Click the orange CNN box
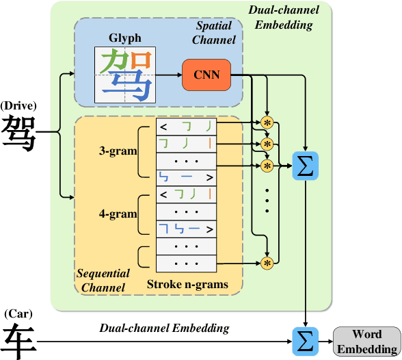(206, 74)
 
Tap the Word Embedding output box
(366, 339)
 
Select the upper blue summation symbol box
(304, 166)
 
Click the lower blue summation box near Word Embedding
(304, 340)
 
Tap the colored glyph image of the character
(124, 75)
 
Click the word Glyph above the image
(124, 39)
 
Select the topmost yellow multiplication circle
(267, 122)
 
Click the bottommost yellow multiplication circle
(267, 262)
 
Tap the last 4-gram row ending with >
(186, 229)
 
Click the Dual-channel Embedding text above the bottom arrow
(164, 329)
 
